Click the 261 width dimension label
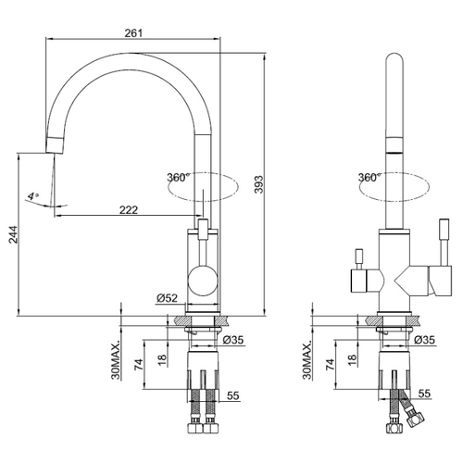pyautogui.click(x=133, y=32)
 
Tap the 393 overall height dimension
pyautogui.click(x=258, y=184)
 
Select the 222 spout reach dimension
pyautogui.click(x=129, y=210)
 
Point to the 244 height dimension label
pyautogui.click(x=13, y=234)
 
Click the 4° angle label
pyautogui.click(x=33, y=196)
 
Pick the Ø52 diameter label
pyautogui.click(x=167, y=298)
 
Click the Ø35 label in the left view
pyautogui.click(x=233, y=340)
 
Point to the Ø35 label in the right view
pyautogui.click(x=424, y=340)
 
